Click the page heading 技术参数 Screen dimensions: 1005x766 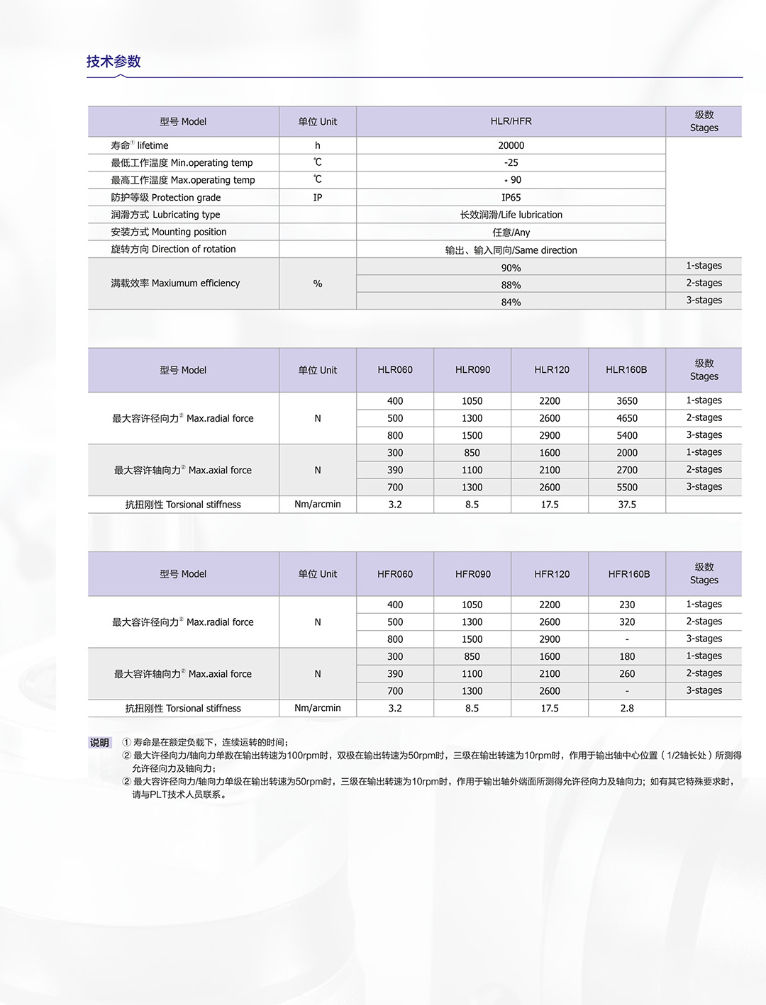[113, 62]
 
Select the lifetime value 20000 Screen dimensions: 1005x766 [511, 145]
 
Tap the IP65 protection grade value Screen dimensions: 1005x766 [511, 198]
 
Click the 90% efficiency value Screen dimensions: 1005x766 [511, 268]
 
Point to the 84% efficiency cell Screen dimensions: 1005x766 [511, 302]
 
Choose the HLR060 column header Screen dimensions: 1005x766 [395, 370]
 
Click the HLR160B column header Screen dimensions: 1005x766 [626, 370]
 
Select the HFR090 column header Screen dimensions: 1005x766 [472, 574]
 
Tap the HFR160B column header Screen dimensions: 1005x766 [628, 574]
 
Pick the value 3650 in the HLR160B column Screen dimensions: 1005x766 [627, 401]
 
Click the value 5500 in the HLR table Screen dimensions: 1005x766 [627, 488]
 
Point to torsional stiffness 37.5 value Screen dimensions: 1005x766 [627, 505]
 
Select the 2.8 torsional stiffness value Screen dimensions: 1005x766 [627, 708]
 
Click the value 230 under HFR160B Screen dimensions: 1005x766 [627, 605]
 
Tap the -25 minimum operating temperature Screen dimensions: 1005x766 [511, 162]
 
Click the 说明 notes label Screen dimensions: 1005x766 [99, 743]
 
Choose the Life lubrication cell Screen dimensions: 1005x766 [511, 215]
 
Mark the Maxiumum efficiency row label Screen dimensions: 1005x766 [175, 283]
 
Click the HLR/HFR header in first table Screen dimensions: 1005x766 [511, 121]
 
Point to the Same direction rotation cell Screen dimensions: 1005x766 [511, 250]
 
